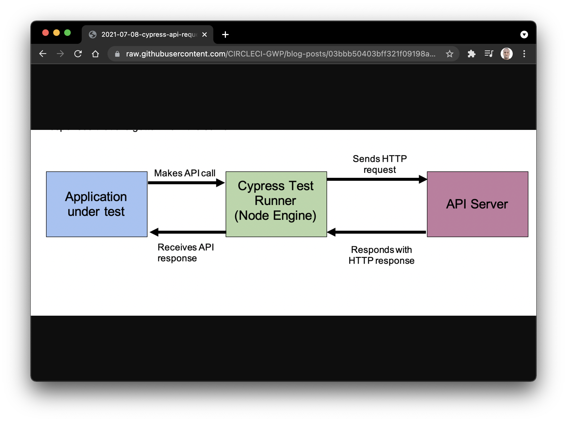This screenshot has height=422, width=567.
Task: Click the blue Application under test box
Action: tap(97, 204)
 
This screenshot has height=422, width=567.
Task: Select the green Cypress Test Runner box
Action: tap(276, 204)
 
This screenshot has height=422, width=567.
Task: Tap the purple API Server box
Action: tap(477, 204)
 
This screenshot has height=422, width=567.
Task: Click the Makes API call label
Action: tap(185, 173)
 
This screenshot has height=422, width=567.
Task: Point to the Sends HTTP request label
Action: tap(380, 164)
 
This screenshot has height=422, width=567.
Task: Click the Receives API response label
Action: tap(186, 252)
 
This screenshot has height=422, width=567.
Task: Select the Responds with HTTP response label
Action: tap(381, 255)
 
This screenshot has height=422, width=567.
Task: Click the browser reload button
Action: tap(78, 54)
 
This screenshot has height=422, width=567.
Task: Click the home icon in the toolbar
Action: tap(95, 54)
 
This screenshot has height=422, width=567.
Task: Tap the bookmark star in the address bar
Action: tap(449, 54)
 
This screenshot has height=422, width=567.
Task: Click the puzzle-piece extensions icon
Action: tap(471, 54)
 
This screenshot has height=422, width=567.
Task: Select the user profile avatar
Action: tap(506, 54)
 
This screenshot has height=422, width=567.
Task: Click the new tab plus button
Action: tap(225, 35)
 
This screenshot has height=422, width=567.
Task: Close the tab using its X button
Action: tap(205, 35)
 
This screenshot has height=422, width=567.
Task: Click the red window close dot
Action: tap(46, 33)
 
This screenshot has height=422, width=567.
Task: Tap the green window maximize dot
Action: tap(67, 33)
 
